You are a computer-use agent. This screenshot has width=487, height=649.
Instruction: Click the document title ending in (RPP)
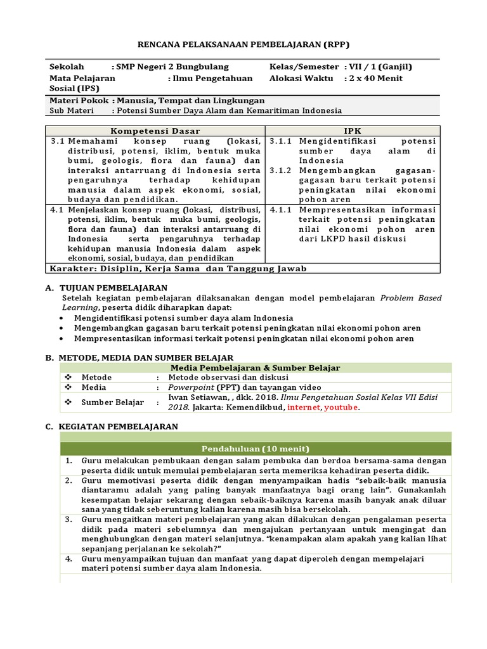(243, 44)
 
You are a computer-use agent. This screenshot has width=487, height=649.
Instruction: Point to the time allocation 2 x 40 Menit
(375, 78)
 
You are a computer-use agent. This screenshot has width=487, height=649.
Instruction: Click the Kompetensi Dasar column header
(155, 130)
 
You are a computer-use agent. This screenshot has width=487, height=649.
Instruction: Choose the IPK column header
(352, 130)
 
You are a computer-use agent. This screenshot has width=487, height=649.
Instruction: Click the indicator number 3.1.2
(280, 171)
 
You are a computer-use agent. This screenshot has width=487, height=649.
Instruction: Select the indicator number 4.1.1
(280, 209)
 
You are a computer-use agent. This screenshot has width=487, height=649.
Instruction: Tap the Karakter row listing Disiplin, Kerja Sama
(178, 268)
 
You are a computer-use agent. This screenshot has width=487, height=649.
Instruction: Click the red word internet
(304, 408)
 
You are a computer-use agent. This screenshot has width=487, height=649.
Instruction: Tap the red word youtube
(341, 408)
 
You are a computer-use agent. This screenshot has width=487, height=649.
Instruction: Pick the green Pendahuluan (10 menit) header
(256, 449)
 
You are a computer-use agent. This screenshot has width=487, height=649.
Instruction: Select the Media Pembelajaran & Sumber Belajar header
(256, 368)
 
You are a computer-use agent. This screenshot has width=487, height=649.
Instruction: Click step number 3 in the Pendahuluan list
(68, 519)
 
